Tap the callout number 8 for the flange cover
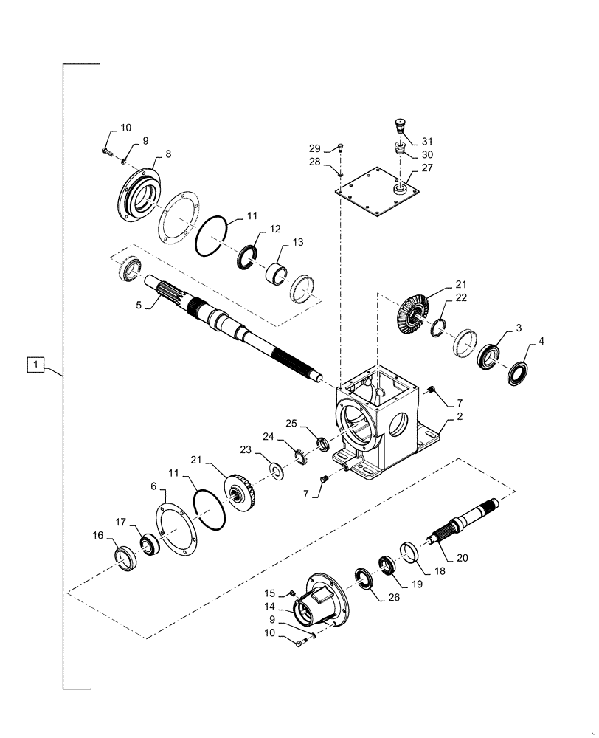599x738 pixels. coord(168,154)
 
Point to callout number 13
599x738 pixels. coord(277,243)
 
